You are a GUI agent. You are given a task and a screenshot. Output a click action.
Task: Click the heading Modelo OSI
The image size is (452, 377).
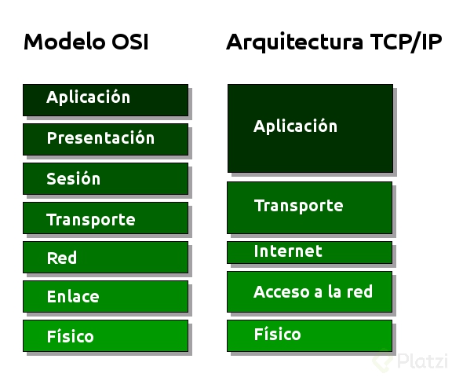click(86, 42)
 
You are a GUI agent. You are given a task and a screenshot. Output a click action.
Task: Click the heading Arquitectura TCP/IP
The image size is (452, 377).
click(334, 42)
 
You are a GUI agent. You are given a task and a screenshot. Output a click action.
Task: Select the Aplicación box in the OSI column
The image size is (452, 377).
click(105, 100)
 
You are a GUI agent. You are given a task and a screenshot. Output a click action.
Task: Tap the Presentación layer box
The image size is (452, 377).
click(105, 139)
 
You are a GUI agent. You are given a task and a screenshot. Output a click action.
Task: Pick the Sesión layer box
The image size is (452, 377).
click(105, 178)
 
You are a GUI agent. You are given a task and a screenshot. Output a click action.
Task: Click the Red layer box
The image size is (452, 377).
click(105, 257)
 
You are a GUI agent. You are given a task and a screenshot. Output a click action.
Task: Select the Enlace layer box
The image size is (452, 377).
click(105, 296)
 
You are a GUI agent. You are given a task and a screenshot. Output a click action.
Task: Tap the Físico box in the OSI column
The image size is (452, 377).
click(105, 335)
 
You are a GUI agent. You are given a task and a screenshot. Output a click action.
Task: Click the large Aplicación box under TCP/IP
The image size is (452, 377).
click(310, 128)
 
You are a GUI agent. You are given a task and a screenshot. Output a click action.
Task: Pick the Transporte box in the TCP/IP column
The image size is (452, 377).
click(310, 207)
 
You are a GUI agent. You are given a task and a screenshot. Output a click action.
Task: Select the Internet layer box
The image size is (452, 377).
click(310, 252)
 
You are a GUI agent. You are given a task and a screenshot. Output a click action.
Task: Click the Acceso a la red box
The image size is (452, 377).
click(310, 291)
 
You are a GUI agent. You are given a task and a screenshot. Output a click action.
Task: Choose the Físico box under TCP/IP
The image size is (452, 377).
click(310, 335)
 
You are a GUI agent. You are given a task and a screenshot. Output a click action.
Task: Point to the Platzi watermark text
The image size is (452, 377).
click(421, 361)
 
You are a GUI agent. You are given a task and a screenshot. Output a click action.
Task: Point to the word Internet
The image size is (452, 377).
click(287, 251)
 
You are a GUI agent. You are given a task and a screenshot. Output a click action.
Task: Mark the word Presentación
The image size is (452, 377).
click(100, 138)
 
